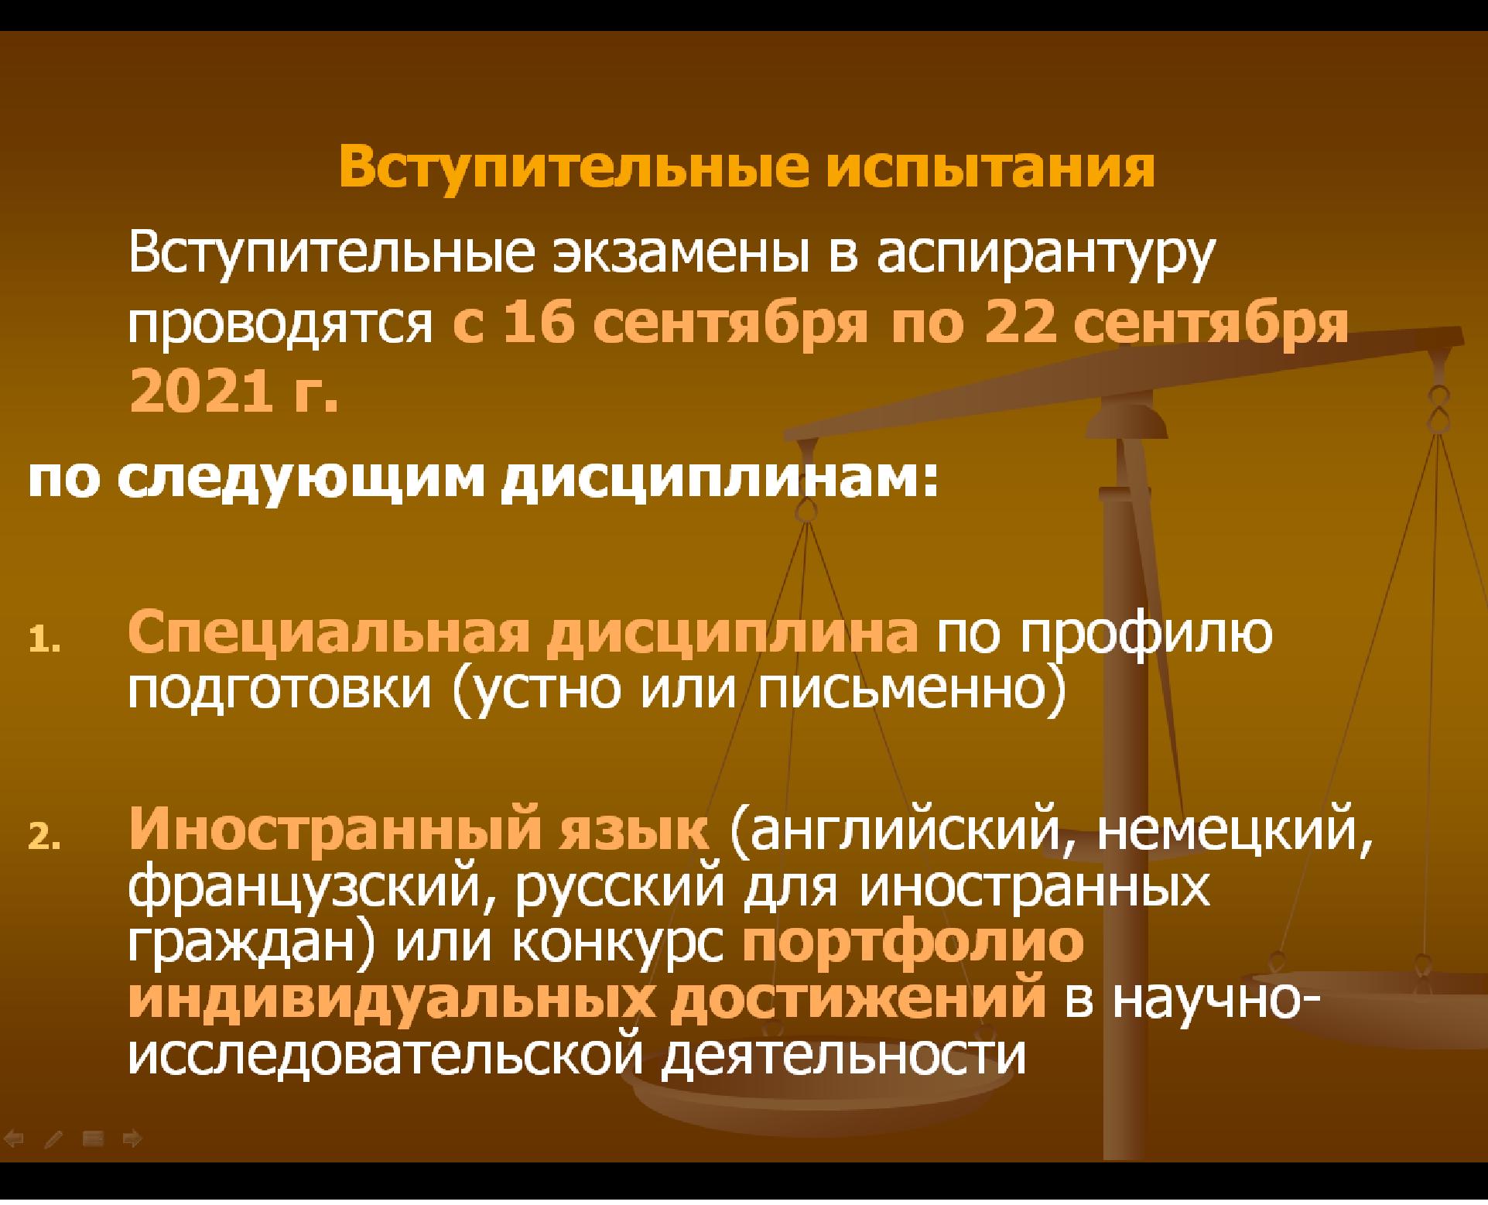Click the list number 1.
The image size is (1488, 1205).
40,642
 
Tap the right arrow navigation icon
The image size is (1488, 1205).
132,1138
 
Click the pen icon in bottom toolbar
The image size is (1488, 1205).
54,1138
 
